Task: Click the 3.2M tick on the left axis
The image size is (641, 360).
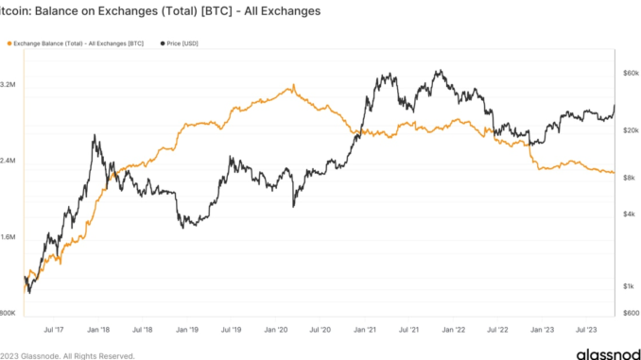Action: click(x=9, y=85)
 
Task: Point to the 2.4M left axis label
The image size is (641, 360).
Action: click(x=9, y=161)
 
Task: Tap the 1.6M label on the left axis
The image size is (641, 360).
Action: click(x=9, y=237)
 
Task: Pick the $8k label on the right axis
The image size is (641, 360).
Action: click(x=630, y=177)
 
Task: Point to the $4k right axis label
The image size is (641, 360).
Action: click(x=630, y=214)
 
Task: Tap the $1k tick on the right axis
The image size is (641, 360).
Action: click(x=630, y=285)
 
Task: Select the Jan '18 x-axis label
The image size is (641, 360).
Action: click(x=99, y=330)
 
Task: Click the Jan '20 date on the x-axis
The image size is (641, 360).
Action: click(x=276, y=330)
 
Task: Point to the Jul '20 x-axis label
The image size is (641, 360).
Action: click(x=320, y=330)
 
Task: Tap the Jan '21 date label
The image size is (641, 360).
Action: click(x=365, y=330)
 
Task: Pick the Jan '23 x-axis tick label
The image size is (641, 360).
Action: click(x=543, y=330)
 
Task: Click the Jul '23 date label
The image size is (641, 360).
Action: click(x=586, y=330)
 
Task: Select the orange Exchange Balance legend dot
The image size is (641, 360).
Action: click(x=9, y=43)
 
